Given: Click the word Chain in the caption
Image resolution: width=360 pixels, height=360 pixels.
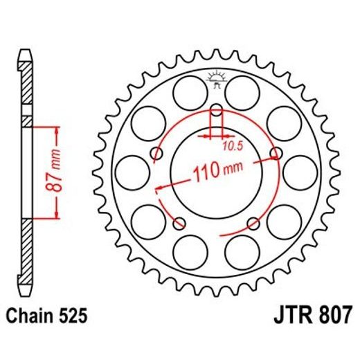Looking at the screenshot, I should [x=32, y=317].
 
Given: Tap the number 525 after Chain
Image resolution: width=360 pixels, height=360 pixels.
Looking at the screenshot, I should [x=74, y=317].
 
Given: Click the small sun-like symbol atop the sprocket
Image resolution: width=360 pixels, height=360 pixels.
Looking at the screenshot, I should [x=216, y=77].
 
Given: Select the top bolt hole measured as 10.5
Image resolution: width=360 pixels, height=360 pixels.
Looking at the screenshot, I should [x=216, y=110].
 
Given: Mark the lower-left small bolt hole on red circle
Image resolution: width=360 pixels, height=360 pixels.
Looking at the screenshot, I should [x=181, y=223].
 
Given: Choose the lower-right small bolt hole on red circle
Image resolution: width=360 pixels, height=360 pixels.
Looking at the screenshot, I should [x=253, y=223].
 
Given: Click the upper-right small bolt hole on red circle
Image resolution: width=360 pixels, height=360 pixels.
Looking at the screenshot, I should [x=276, y=153].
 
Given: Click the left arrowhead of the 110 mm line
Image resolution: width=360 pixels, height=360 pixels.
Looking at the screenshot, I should [x=161, y=186].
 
